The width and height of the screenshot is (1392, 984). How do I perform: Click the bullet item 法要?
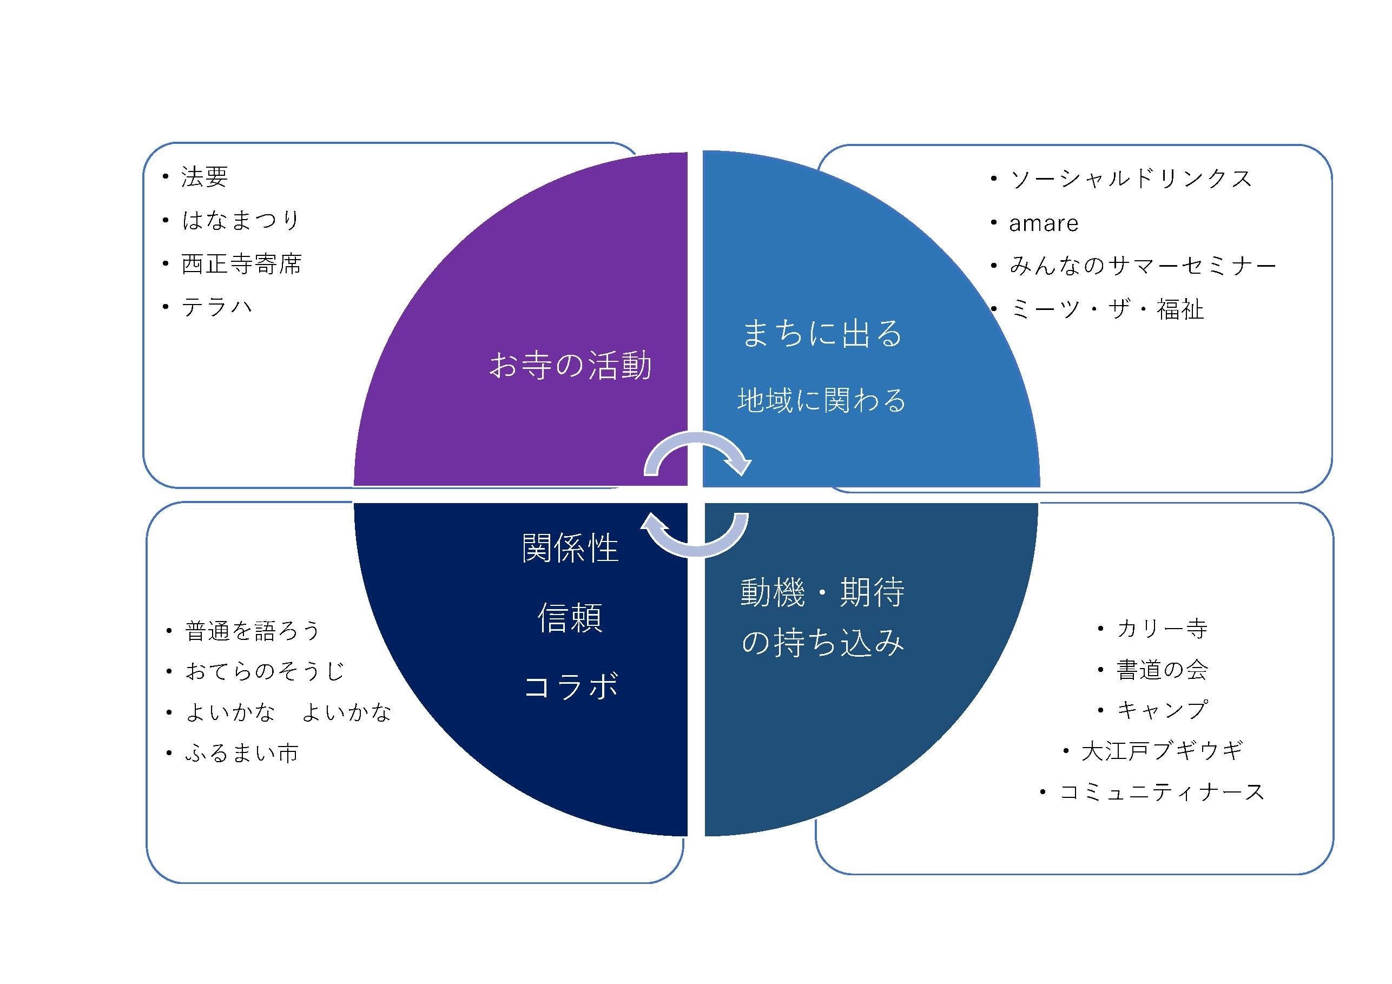204,177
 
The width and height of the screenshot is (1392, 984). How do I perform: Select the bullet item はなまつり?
240,220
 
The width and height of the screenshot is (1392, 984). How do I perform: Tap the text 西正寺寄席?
241,264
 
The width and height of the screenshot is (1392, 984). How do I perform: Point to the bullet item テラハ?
216,307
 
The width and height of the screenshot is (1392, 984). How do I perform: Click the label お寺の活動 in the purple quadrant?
570,366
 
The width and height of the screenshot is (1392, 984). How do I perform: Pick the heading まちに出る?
822,333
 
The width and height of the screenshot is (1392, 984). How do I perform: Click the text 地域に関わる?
821,400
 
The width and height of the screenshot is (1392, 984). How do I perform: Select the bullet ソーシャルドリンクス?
1131,179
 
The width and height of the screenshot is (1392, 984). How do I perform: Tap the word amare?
1044,223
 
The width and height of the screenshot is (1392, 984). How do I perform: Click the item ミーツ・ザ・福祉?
1106,310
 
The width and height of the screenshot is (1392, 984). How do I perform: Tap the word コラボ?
570,687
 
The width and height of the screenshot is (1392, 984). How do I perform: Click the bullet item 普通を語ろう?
252,631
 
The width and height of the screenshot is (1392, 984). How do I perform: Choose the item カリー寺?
1162,628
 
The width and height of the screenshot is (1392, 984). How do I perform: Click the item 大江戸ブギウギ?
1162,751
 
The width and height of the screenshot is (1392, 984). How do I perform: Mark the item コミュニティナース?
1162,792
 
